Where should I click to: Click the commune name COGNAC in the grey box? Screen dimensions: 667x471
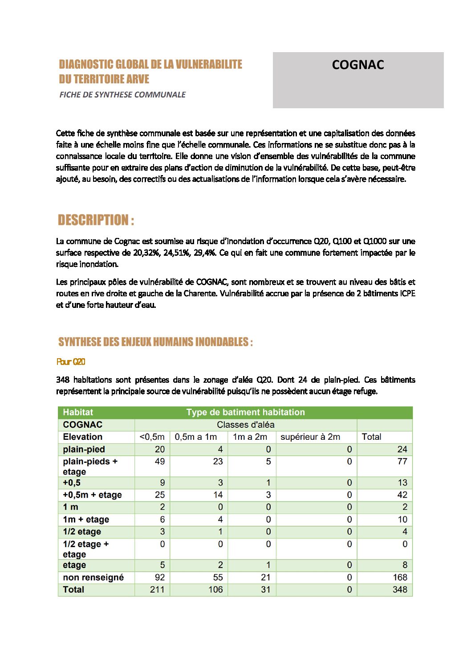point(357,65)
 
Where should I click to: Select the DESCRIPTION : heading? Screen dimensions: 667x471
point(96,220)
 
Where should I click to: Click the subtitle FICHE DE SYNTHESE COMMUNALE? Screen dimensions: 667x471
point(122,94)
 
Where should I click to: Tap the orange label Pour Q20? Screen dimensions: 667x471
point(71,362)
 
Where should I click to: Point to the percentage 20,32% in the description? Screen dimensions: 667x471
point(145,253)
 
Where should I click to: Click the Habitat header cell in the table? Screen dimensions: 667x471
point(78,412)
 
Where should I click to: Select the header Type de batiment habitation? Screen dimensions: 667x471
point(245,412)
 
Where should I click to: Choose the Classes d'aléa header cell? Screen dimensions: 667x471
point(245,425)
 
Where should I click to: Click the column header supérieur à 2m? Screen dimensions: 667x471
point(310,437)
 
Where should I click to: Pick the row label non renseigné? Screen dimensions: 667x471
point(93,577)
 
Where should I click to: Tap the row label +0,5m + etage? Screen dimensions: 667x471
point(92,495)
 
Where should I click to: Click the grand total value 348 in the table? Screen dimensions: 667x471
point(399,590)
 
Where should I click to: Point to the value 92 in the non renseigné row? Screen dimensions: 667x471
point(159,577)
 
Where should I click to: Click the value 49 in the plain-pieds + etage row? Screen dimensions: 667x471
point(159,462)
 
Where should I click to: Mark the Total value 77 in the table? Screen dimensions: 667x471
point(402,462)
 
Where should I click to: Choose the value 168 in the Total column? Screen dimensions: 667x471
point(399,577)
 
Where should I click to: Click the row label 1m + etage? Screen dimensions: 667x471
point(86,520)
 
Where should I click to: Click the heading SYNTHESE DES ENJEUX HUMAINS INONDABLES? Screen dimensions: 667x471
point(155,342)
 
